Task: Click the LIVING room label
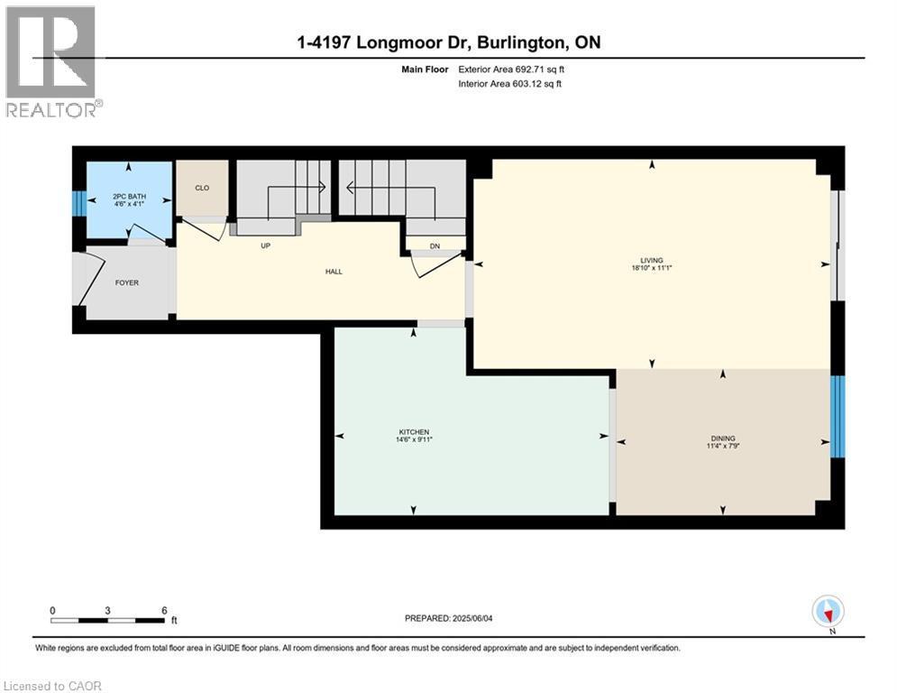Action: (652, 260)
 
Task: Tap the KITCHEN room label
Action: (414, 432)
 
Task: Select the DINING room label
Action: (723, 439)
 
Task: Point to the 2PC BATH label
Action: (129, 197)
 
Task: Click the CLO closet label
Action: (202, 188)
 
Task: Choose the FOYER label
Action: (127, 283)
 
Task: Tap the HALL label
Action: (334, 272)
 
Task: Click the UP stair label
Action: (265, 245)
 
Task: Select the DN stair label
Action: (435, 246)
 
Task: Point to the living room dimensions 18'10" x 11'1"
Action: (652, 267)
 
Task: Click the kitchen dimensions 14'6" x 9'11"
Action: (414, 439)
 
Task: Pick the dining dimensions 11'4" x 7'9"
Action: (723, 446)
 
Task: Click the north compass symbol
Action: (828, 613)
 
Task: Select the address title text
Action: (449, 42)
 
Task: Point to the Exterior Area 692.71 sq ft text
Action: (511, 69)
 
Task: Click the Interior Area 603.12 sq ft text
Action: (509, 84)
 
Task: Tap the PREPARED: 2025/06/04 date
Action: (449, 618)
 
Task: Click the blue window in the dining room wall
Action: (838, 416)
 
